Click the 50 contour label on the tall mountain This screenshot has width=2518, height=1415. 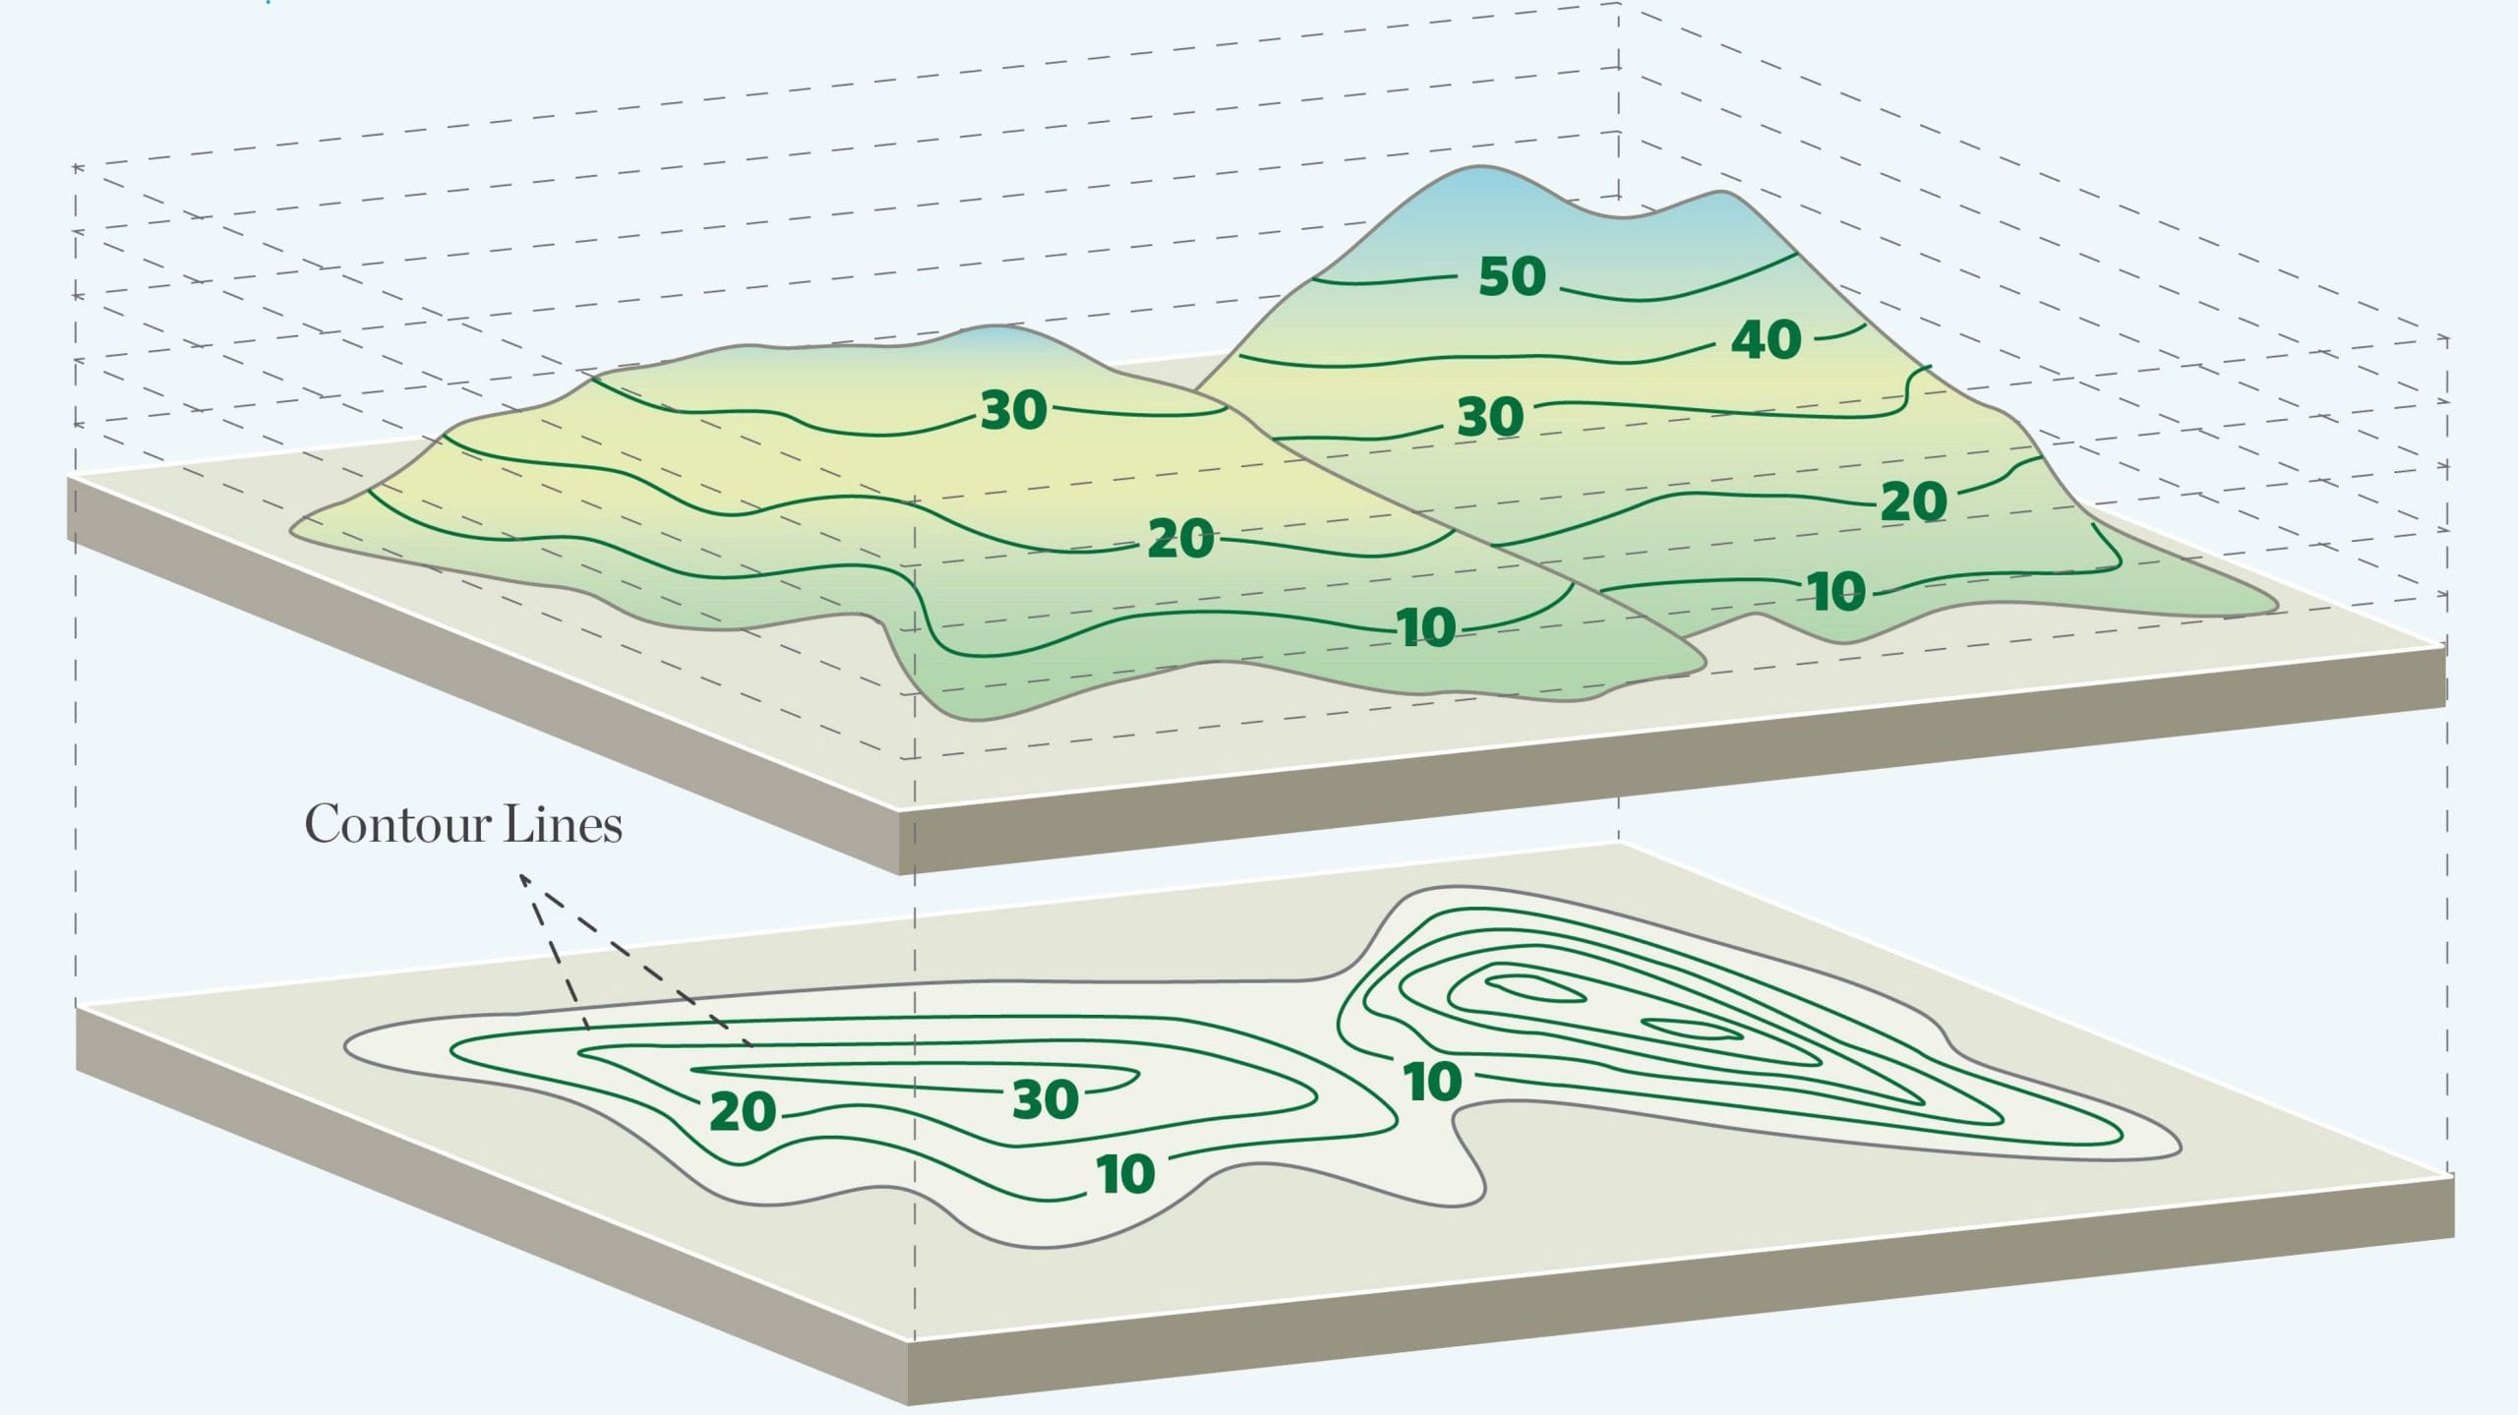(1513, 276)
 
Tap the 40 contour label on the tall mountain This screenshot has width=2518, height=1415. (1767, 340)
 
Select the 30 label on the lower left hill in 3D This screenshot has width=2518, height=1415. (1013, 410)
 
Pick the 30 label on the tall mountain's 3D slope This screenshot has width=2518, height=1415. (1490, 417)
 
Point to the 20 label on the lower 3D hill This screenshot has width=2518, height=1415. (1180, 539)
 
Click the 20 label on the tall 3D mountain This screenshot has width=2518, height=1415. (1914, 501)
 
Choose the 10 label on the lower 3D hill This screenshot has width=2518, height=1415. (1426, 627)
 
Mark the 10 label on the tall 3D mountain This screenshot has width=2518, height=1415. (1836, 592)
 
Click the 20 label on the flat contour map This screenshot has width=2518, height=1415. (743, 1112)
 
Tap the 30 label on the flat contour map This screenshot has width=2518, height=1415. (1046, 1099)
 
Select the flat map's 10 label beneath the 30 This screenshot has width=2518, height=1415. (1125, 1174)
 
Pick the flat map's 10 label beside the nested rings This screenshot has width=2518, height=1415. (1433, 1082)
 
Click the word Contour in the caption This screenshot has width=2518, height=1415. (398, 824)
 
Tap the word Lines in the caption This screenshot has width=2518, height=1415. (563, 824)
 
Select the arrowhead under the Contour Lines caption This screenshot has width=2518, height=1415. (524, 878)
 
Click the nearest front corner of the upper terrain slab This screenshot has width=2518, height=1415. (900, 810)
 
